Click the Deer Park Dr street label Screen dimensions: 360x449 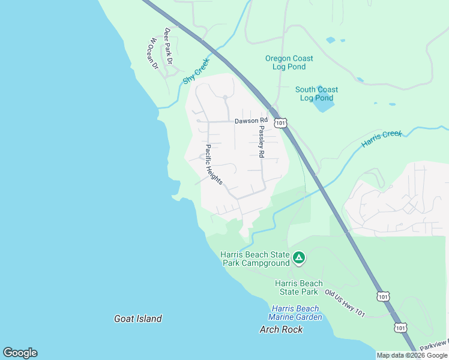(169, 46)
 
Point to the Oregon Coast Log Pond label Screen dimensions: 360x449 (289, 62)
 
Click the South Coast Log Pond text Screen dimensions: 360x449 (316, 94)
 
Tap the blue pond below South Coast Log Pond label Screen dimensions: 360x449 (323, 106)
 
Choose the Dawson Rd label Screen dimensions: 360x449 (250, 121)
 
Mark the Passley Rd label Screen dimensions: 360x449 (261, 142)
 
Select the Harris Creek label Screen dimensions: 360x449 (381, 139)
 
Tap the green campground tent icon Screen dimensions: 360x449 (299, 259)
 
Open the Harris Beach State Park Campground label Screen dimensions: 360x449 (255, 259)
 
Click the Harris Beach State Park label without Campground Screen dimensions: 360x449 (298, 287)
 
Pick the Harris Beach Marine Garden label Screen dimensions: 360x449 (295, 313)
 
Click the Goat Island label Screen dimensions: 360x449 (138, 319)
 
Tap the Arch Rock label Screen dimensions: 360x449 (281, 329)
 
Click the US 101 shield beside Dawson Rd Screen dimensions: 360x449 (281, 122)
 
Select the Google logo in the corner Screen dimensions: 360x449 (20, 353)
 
